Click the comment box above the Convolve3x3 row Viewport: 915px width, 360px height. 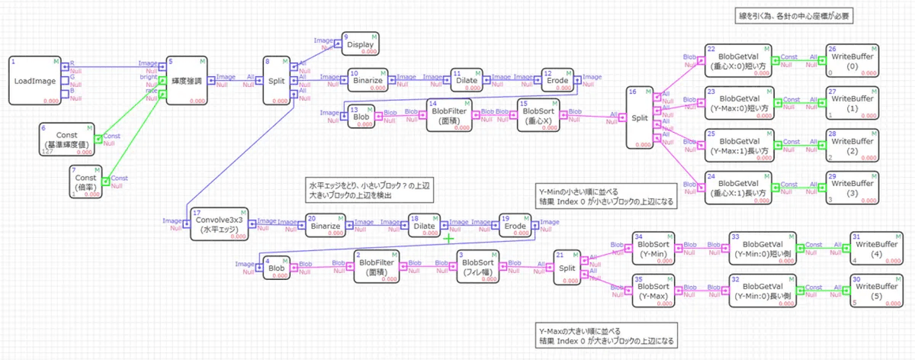pos(369,191)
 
